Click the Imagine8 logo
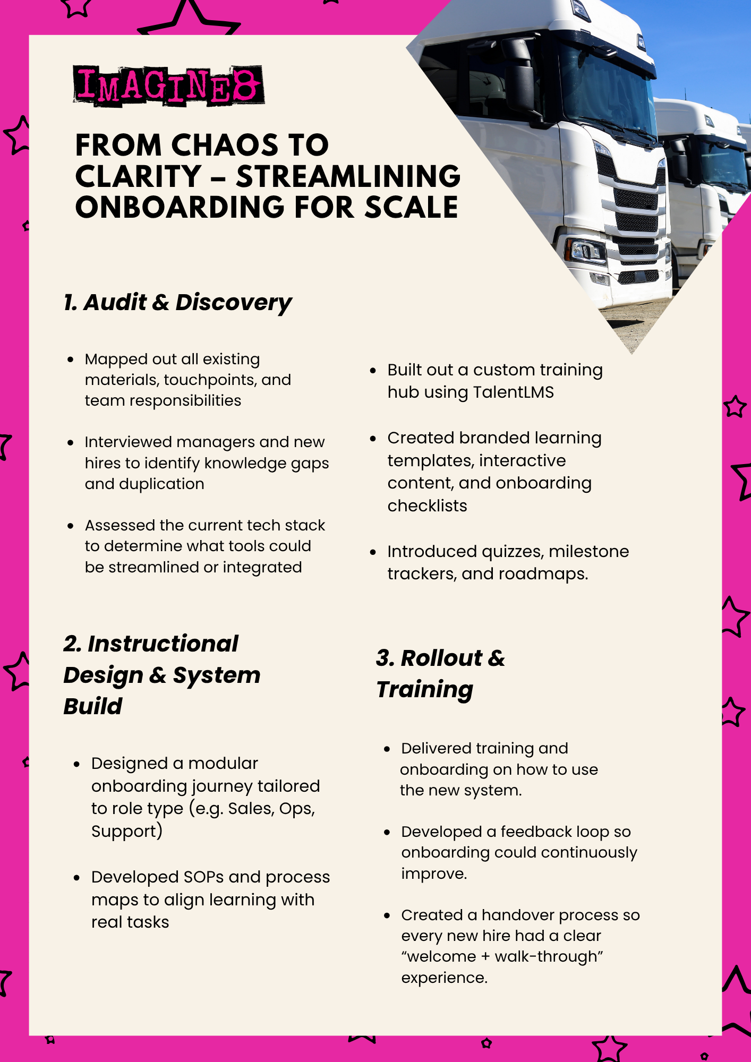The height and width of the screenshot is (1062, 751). click(x=168, y=85)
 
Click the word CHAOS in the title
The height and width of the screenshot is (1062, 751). click(x=220, y=145)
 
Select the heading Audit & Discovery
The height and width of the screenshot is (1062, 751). click(x=177, y=303)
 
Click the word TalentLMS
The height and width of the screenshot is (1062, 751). click(x=513, y=392)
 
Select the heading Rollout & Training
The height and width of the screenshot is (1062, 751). click(x=440, y=673)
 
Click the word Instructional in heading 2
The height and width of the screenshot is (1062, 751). click(x=163, y=644)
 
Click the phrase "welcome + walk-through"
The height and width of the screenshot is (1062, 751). click(x=502, y=957)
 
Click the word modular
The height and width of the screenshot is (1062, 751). click(x=223, y=764)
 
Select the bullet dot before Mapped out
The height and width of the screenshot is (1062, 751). click(x=71, y=359)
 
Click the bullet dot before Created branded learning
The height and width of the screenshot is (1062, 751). click(x=373, y=439)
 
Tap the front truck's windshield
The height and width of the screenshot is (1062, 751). click(x=605, y=90)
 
